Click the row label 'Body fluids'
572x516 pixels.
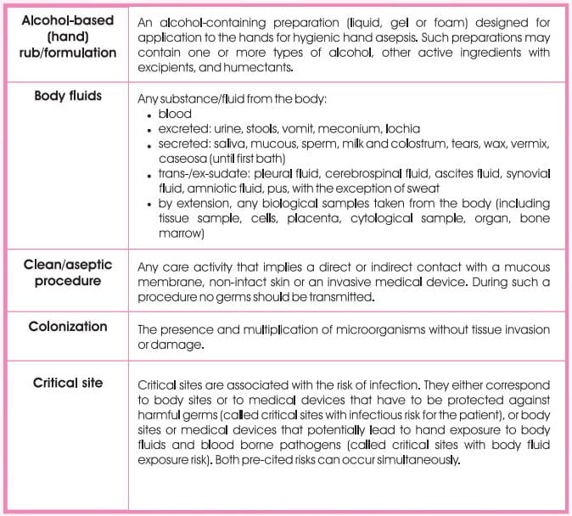coord(67,96)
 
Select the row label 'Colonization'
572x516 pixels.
coord(67,326)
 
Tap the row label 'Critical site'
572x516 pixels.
coord(67,383)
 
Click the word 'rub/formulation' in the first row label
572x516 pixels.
coord(67,53)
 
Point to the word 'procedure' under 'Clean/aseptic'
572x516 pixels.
coord(67,280)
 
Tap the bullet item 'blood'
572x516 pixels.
coord(175,115)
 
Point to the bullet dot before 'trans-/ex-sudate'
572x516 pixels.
coord(149,175)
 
